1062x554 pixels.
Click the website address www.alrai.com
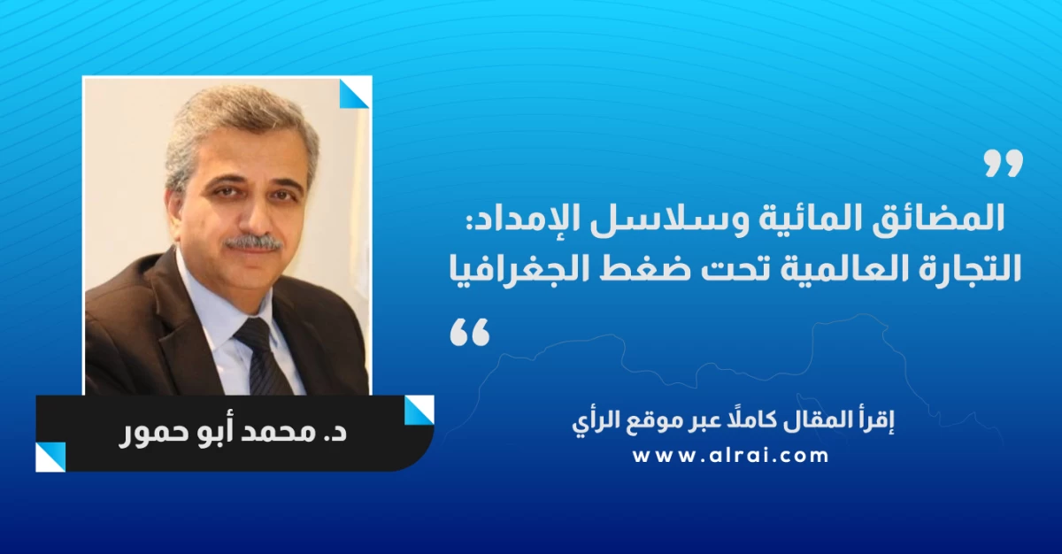(731, 456)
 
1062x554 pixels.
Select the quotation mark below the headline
(469, 332)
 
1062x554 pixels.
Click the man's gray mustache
(254, 242)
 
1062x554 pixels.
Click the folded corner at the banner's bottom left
(50, 457)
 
